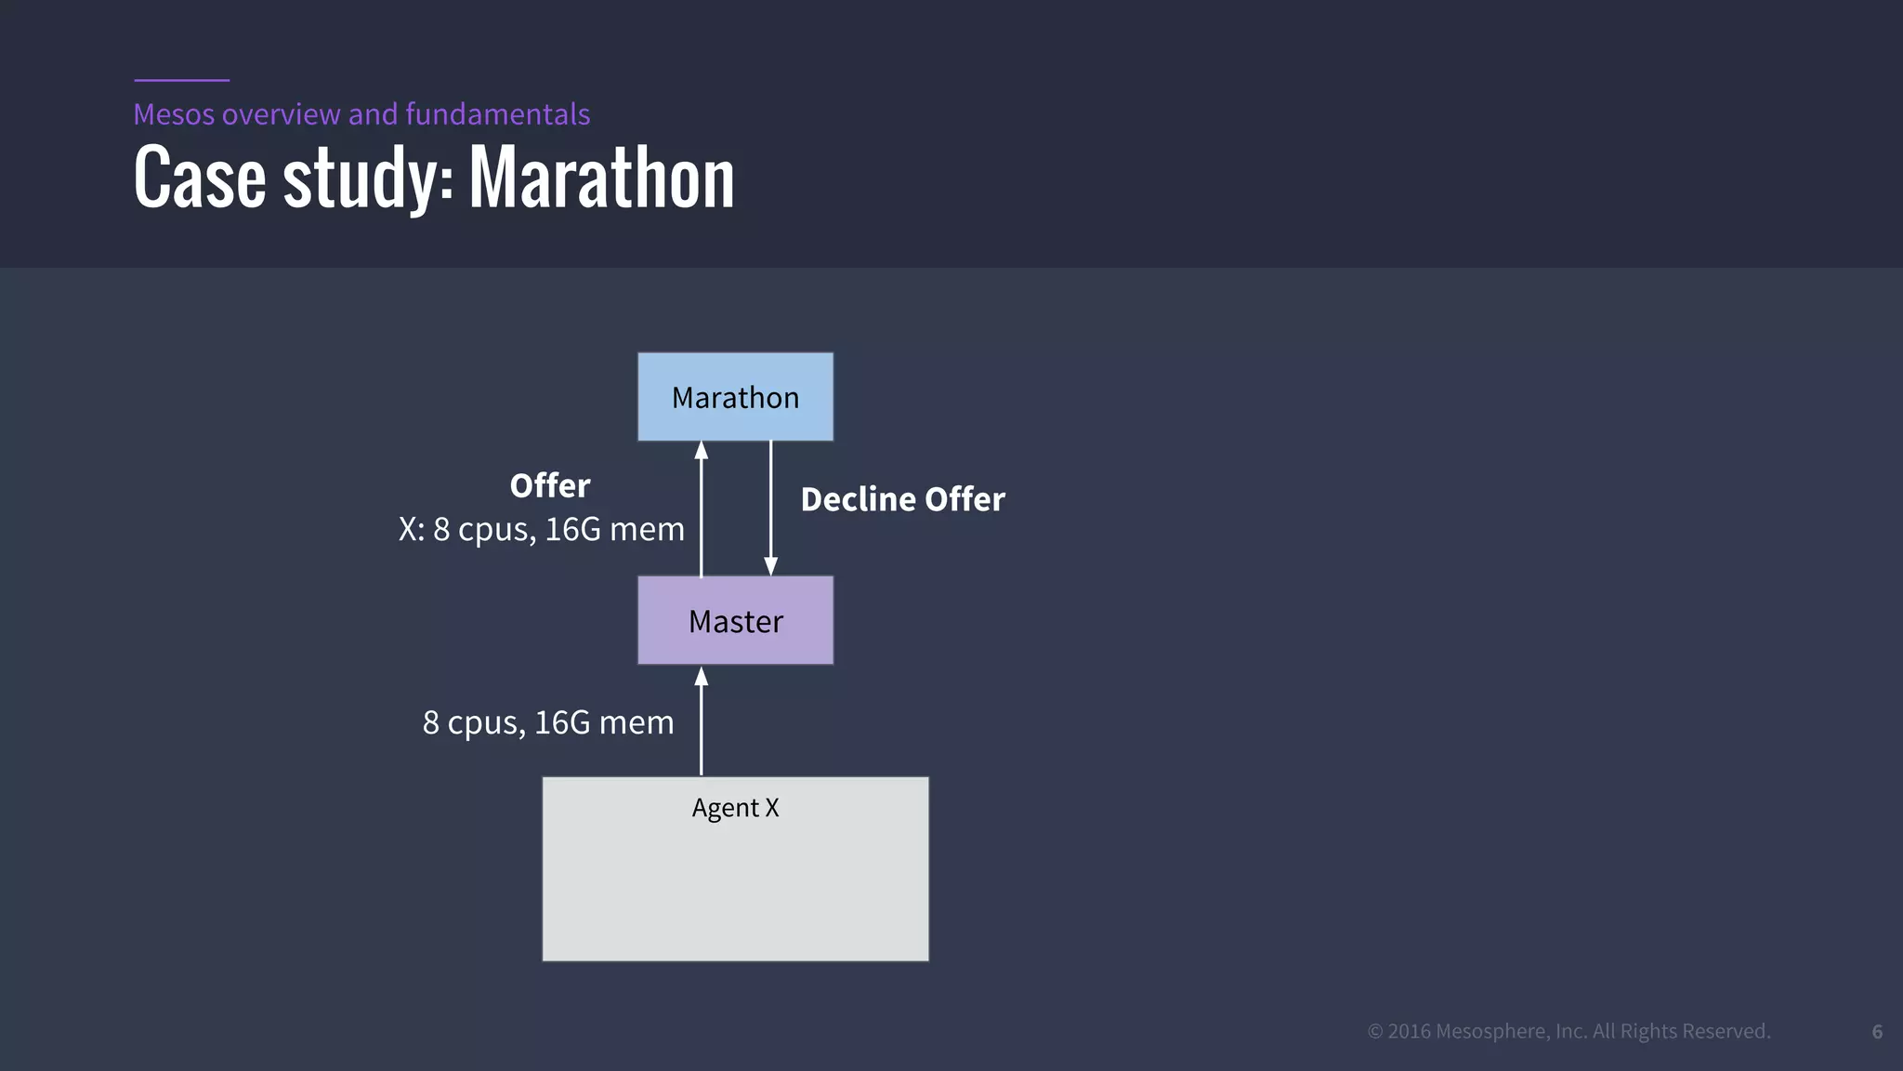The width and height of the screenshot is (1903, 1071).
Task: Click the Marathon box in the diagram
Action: coord(735,397)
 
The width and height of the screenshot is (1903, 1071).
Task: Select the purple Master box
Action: coord(735,620)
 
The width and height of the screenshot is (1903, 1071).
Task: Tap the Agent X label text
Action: coord(735,808)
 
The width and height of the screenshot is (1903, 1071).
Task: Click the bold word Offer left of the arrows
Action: coord(550,485)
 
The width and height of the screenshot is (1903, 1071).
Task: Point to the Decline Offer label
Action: coord(902,499)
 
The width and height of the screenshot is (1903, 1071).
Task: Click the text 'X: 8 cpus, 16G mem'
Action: coord(542,529)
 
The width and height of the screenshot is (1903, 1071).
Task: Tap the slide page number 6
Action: coord(1877,1032)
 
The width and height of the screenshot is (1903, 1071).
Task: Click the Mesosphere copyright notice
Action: coord(1569,1031)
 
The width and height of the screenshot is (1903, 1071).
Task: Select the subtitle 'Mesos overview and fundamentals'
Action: coord(361,114)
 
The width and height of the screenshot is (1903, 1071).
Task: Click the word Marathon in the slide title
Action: coord(601,178)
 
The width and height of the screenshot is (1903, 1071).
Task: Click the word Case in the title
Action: coord(200,178)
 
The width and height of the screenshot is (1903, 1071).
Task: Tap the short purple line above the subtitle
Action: coord(181,80)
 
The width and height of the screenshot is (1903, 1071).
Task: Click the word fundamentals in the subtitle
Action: coord(497,114)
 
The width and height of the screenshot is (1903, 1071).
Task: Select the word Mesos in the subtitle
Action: coord(174,114)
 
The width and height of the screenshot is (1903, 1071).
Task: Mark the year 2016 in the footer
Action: coord(1410,1031)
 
